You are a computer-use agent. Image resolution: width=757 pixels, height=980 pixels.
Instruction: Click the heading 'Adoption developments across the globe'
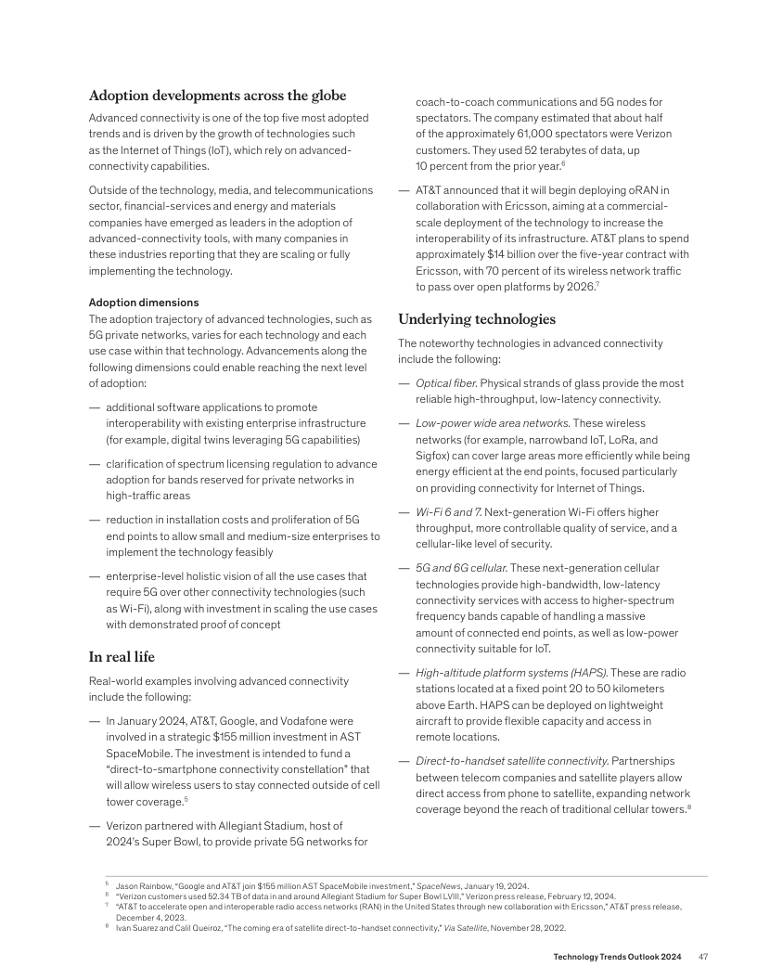click(217, 96)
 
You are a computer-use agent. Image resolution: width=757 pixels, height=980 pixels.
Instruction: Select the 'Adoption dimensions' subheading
click(144, 303)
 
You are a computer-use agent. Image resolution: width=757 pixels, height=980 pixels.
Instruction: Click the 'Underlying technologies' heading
click(477, 319)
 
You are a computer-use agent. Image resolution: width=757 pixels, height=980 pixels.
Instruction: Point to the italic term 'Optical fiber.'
click(446, 383)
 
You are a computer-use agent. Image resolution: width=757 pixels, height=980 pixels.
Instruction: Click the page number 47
click(704, 957)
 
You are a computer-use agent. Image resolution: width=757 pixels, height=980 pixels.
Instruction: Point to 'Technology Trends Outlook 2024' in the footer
click(617, 957)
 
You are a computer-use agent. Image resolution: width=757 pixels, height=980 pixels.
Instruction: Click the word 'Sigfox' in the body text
click(433, 455)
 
